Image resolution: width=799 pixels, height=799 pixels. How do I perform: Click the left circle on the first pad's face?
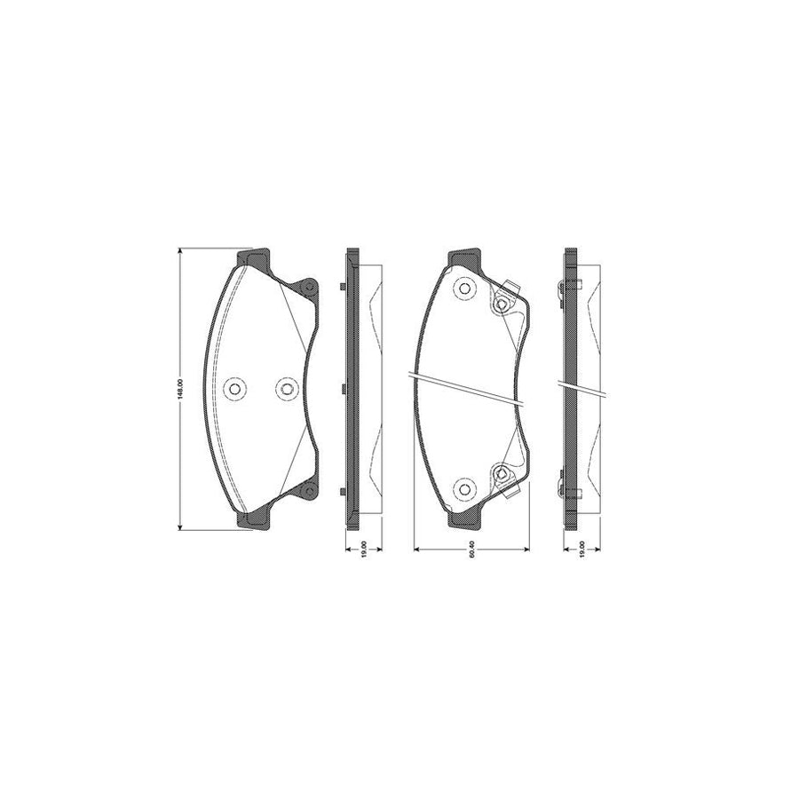pyautogui.click(x=235, y=388)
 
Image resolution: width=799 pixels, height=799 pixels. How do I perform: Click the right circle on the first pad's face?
pyautogui.click(x=285, y=388)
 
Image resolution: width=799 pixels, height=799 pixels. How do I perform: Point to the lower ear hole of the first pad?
pyautogui.click(x=308, y=490)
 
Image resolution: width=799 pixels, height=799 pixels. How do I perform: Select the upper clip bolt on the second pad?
pyautogui.click(x=502, y=305)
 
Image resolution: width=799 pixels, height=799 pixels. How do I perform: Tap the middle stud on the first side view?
pyautogui.click(x=343, y=388)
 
